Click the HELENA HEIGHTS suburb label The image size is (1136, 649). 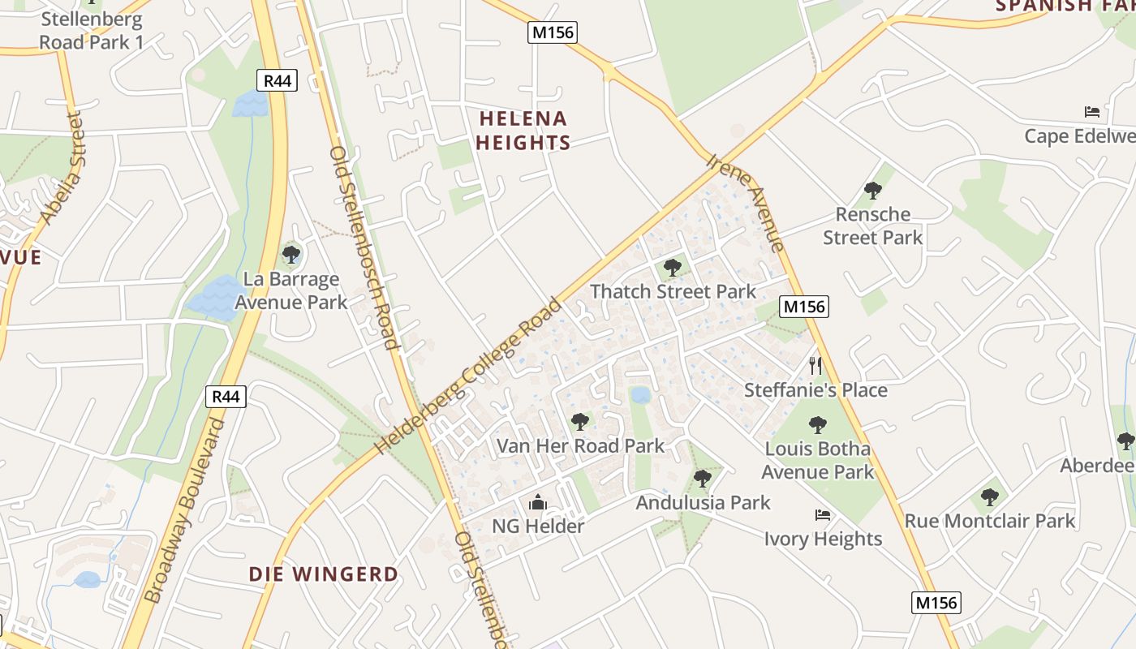point(523,131)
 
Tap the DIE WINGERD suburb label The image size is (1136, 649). point(324,574)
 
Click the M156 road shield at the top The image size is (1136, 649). point(552,32)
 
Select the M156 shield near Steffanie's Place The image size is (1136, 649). point(803,307)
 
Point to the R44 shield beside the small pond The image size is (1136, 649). point(277,80)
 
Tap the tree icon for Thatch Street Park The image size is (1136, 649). point(672,267)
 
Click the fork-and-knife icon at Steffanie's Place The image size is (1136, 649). point(815,366)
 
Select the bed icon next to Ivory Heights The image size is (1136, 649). point(823,515)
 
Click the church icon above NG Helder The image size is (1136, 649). point(538,503)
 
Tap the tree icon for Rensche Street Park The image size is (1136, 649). point(873,191)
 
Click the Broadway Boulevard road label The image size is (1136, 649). point(184,511)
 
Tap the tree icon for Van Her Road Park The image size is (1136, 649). point(579,421)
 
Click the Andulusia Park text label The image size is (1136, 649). point(703,502)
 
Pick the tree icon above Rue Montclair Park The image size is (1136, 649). point(989,496)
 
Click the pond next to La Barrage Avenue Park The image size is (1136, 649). point(209,296)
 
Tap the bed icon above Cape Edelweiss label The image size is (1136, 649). point(1092,112)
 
